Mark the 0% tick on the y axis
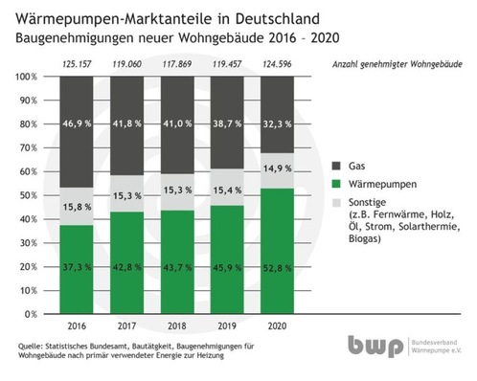coord(34,313)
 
